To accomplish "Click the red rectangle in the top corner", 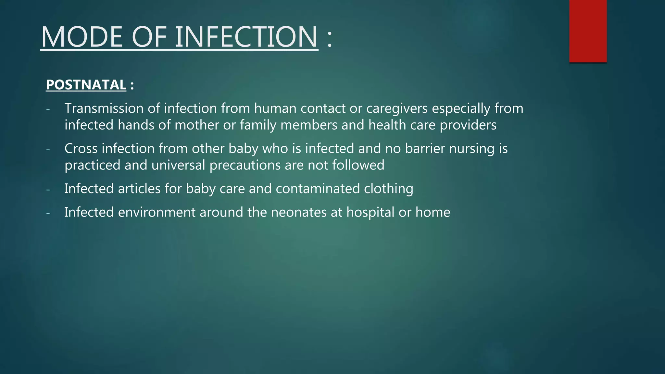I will coord(588,31).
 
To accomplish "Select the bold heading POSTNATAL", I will coord(86,85).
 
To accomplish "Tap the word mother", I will coord(197,125).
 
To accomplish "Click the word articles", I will coord(139,189).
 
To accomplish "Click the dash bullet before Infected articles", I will coord(48,189).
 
